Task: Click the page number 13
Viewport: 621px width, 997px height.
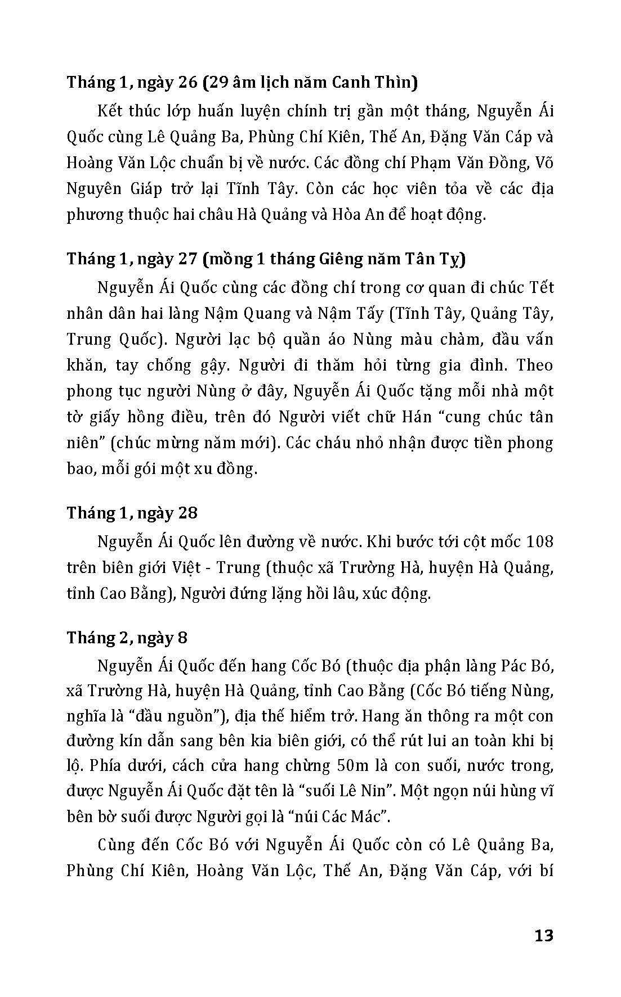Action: pos(543,936)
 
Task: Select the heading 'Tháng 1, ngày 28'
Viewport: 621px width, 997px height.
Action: pos(132,513)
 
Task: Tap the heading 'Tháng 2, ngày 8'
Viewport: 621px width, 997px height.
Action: pos(127,638)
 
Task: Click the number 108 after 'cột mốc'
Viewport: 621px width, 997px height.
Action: pos(539,542)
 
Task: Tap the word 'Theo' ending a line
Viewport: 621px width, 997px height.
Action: pos(535,366)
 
